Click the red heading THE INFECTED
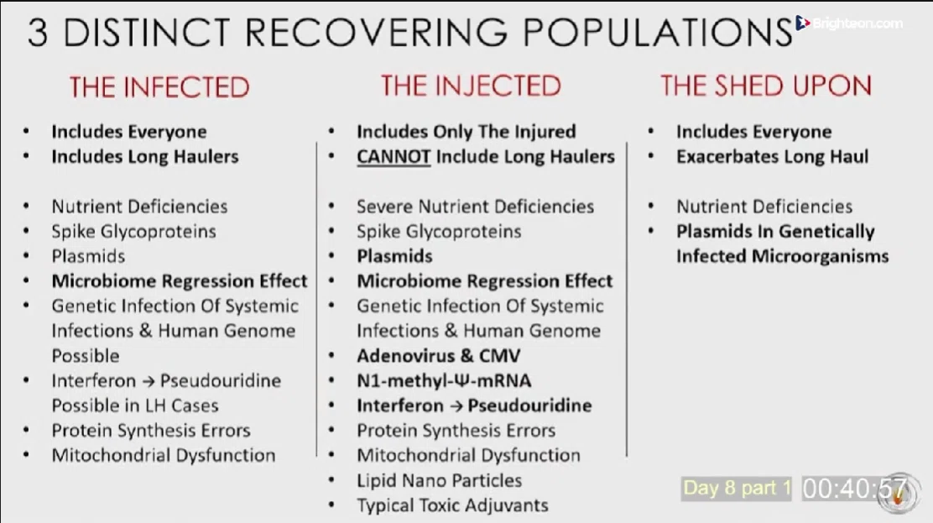[159, 87]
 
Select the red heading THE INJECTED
[471, 86]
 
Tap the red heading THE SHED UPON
[766, 86]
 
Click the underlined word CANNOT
[394, 157]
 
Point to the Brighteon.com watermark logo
[849, 24]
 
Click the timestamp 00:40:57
[854, 489]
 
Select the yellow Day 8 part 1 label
[737, 488]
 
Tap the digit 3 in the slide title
[38, 32]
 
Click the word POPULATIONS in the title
[658, 32]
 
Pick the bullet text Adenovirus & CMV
[439, 356]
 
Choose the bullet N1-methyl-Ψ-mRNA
[444, 380]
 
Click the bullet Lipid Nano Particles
[439, 480]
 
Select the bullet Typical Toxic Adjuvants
[452, 505]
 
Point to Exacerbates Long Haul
[772, 157]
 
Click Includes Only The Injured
[466, 132]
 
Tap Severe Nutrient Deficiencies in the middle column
[475, 207]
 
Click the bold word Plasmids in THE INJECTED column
[394, 256]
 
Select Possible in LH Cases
[135, 405]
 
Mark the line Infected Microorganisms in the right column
[782, 256]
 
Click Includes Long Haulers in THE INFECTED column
[144, 157]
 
